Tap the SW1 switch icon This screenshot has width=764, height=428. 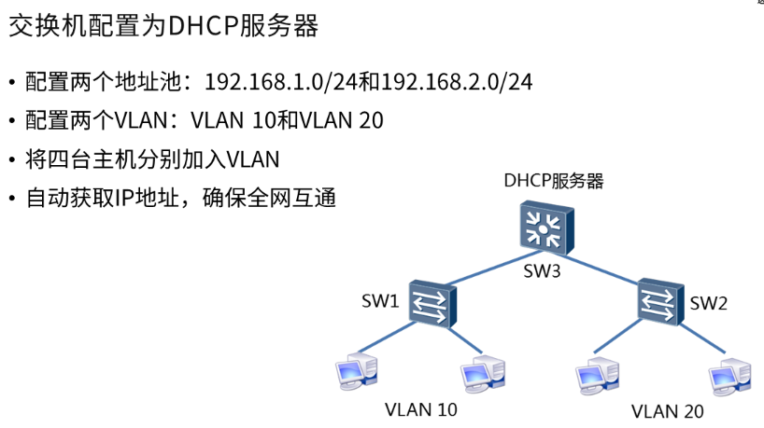[434, 302]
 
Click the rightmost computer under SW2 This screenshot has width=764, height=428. [729, 374]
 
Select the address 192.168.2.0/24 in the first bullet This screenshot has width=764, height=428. [457, 81]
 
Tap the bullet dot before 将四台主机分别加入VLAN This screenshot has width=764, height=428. [12, 160]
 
